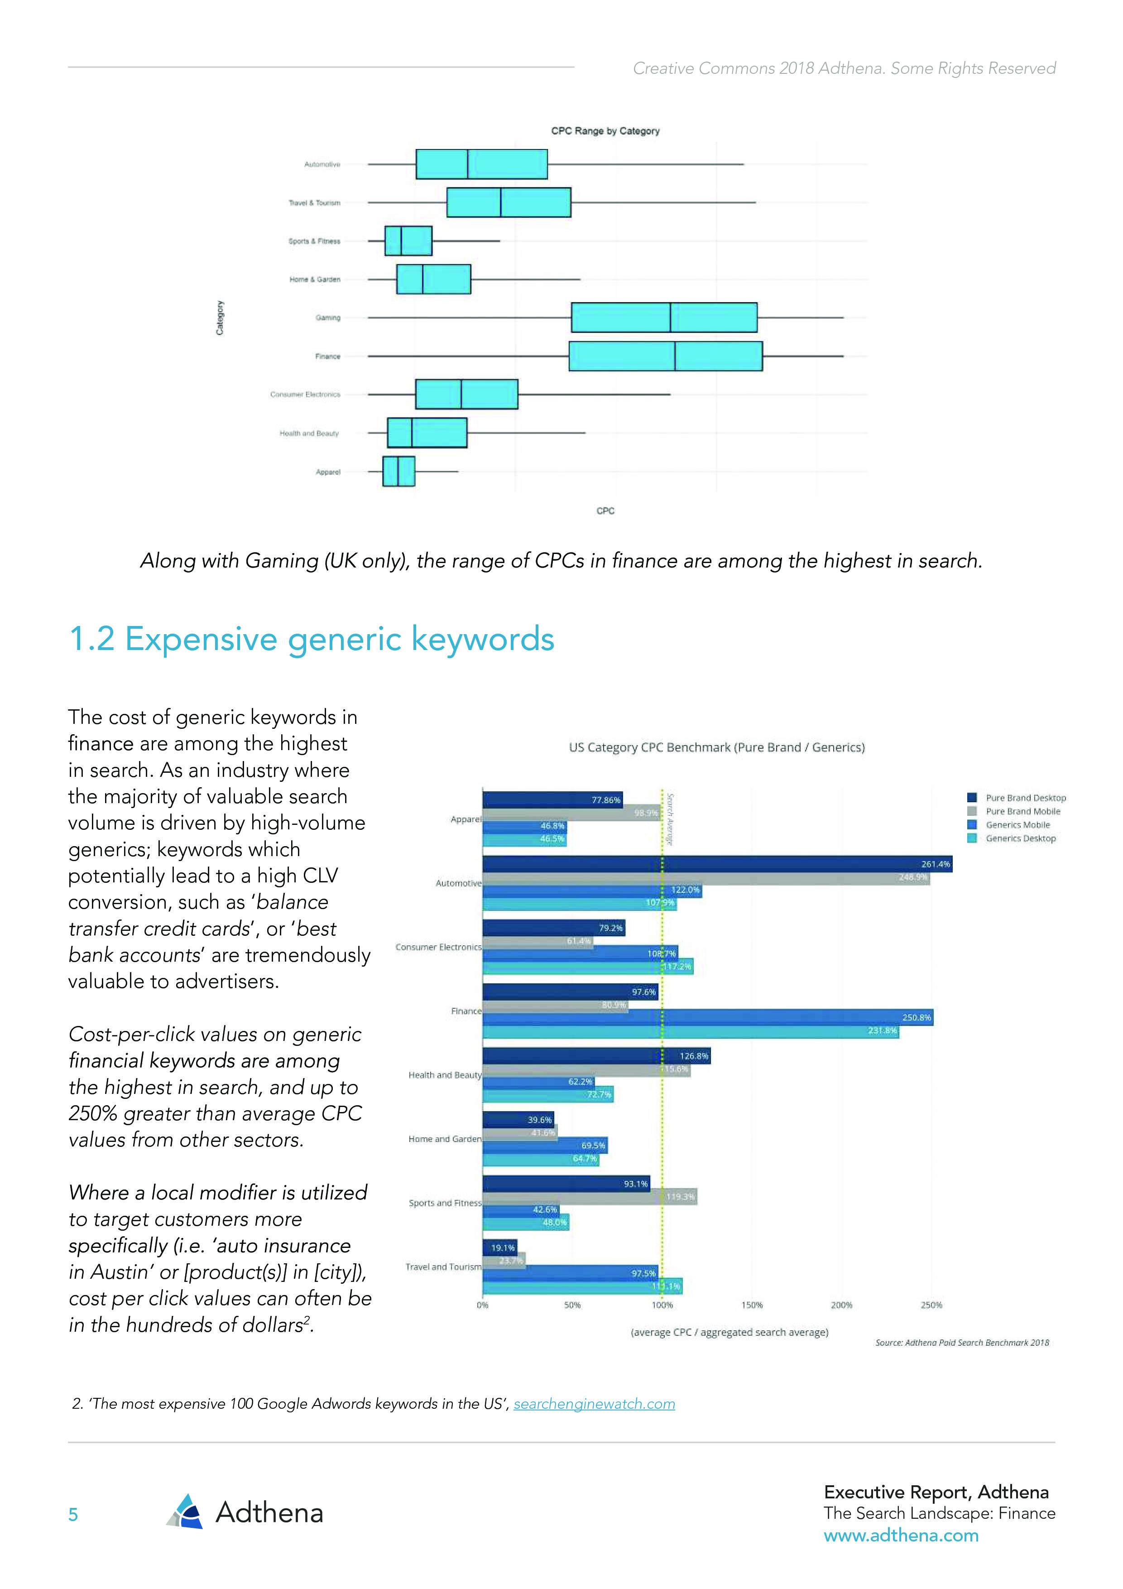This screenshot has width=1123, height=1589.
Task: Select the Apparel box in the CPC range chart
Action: (x=398, y=471)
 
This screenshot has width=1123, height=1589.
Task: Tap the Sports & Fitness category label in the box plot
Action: (x=314, y=241)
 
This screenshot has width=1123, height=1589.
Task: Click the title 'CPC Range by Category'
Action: (x=605, y=131)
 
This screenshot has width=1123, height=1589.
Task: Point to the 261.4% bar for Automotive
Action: (x=716, y=864)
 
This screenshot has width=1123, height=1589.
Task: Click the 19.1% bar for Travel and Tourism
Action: (x=499, y=1248)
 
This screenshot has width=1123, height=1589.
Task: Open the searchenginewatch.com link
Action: (x=594, y=1404)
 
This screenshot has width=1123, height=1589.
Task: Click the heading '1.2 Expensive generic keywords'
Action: (x=312, y=638)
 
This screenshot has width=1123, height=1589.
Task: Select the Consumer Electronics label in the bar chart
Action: (x=438, y=947)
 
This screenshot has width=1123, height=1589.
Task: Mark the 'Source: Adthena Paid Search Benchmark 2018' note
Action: (x=962, y=1343)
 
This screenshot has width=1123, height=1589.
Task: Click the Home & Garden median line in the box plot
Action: (x=422, y=279)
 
